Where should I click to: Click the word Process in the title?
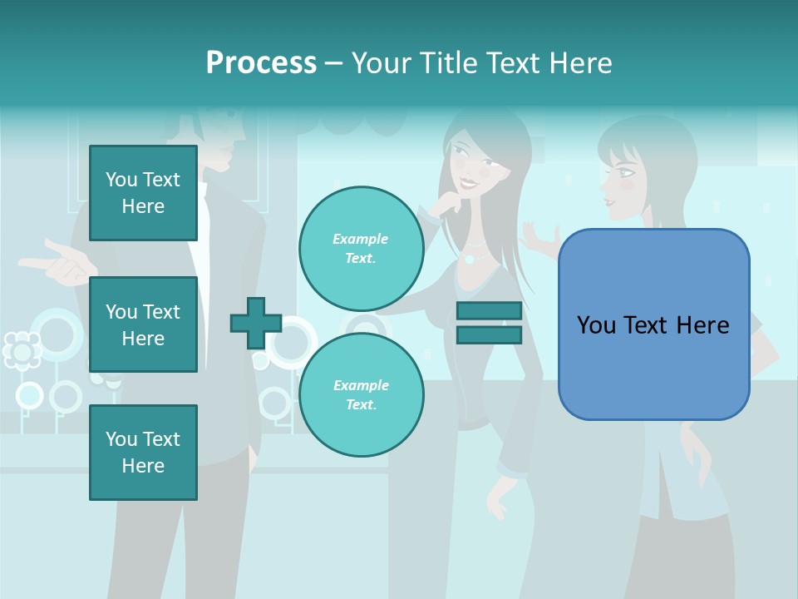pyautogui.click(x=261, y=62)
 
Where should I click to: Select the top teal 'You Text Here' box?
pyautogui.click(x=143, y=193)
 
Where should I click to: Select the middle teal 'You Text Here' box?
pyautogui.click(x=143, y=324)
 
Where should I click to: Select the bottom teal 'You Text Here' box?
pyautogui.click(x=143, y=452)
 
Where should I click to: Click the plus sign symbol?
pyautogui.click(x=256, y=323)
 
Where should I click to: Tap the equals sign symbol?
pyautogui.click(x=489, y=323)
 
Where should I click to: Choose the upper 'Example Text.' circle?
pyautogui.click(x=361, y=248)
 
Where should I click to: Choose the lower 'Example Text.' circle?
pyautogui.click(x=361, y=394)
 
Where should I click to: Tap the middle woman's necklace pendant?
pyautogui.click(x=470, y=258)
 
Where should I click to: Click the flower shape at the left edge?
pyautogui.click(x=22, y=350)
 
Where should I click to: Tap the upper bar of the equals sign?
pyautogui.click(x=489, y=310)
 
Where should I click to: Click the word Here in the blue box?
pyautogui.click(x=702, y=324)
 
